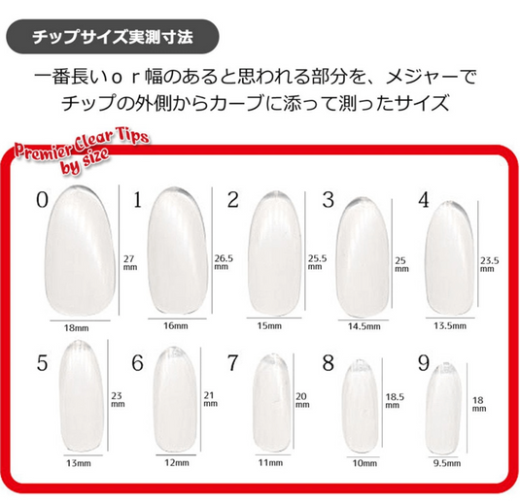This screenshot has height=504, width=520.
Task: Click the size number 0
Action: click(x=42, y=200)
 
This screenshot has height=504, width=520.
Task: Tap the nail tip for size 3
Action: click(x=363, y=257)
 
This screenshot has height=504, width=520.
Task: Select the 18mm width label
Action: click(x=76, y=328)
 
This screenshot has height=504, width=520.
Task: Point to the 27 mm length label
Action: click(x=130, y=262)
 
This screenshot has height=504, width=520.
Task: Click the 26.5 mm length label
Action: click(x=224, y=262)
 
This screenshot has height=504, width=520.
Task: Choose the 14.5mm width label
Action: click(x=364, y=326)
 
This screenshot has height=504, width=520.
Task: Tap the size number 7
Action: click(x=233, y=362)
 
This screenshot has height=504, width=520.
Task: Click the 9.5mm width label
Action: click(x=447, y=463)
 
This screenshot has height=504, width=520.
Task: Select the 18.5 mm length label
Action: click(x=395, y=401)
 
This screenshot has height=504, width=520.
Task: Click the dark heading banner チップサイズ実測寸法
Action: click(x=113, y=37)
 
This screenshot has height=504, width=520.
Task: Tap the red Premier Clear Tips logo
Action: click(x=82, y=151)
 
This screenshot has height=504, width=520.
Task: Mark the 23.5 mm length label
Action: click(x=490, y=264)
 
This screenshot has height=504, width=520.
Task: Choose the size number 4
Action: click(x=424, y=200)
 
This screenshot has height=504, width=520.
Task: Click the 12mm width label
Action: click(x=177, y=462)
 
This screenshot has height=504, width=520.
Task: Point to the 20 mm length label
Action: click(x=302, y=400)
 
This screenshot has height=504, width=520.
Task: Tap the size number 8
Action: click(x=328, y=362)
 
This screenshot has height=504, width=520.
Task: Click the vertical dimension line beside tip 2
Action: click(x=305, y=252)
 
